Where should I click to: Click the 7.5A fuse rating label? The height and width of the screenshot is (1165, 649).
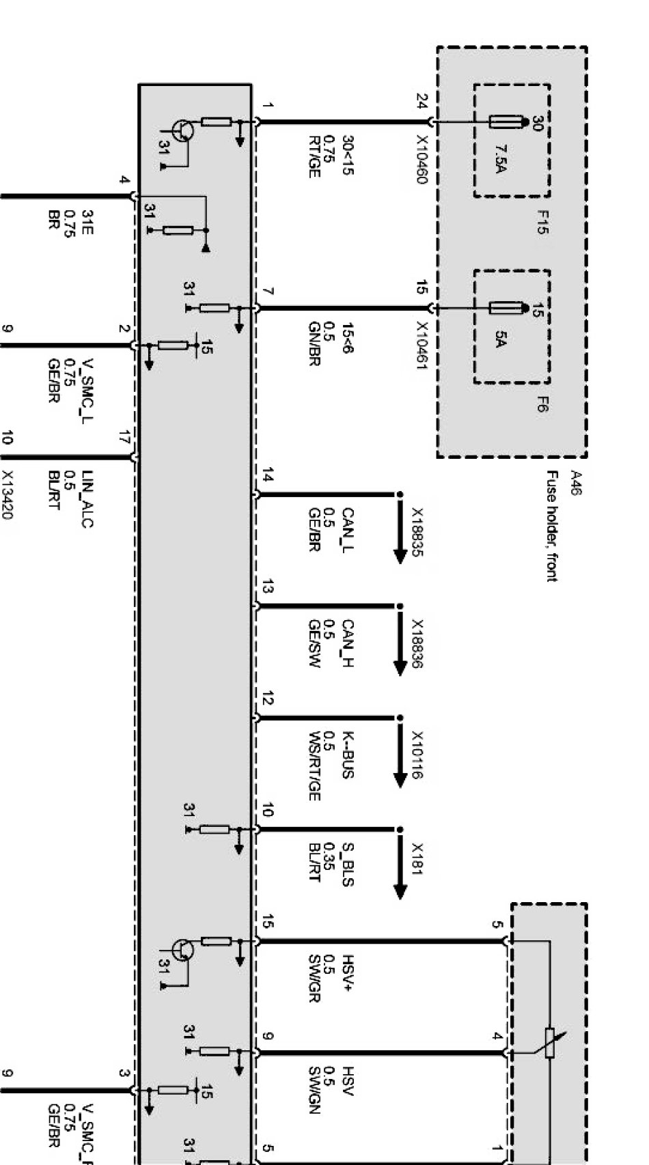point(500,159)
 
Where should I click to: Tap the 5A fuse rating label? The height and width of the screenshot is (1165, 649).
point(500,339)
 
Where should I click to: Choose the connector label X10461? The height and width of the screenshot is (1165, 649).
point(422,346)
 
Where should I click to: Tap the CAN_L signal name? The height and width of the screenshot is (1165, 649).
point(348,530)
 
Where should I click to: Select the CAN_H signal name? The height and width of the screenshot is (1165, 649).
point(348,643)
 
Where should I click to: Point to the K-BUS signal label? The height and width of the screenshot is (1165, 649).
point(348,755)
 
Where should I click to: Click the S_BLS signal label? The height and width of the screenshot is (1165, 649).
point(348,865)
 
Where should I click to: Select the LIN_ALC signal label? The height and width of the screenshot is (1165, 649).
point(87,499)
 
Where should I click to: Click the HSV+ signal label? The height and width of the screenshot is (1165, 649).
point(348,973)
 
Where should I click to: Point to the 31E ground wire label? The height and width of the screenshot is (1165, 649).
point(87,221)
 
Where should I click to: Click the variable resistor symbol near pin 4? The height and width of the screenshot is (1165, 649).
point(550,1042)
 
